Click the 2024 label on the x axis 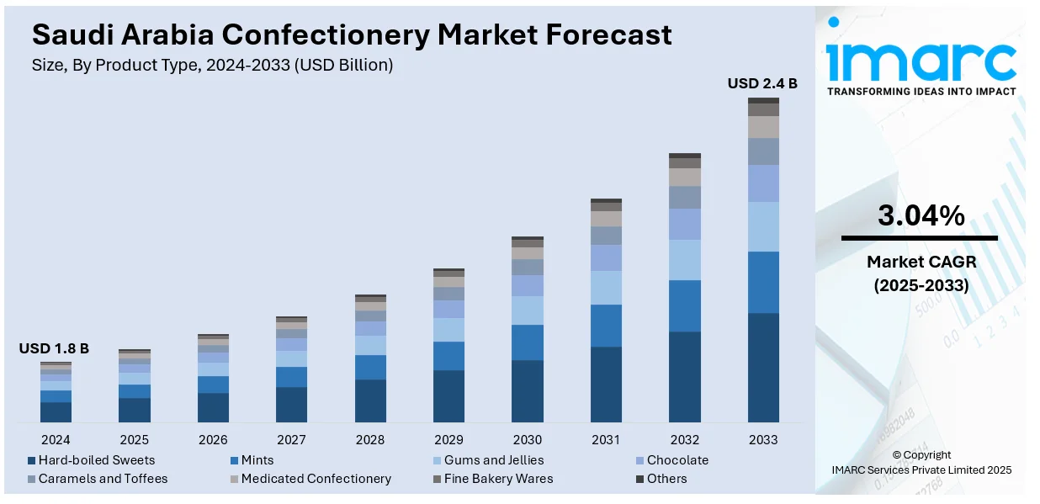(x=56, y=439)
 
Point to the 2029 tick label (x=448, y=439)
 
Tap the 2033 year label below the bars (x=763, y=439)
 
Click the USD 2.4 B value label (x=762, y=83)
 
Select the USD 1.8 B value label (x=54, y=348)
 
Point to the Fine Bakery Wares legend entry (x=491, y=479)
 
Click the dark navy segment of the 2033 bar (x=763, y=367)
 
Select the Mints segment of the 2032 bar (x=685, y=305)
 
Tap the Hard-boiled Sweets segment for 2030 (x=528, y=390)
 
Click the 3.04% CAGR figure (x=921, y=216)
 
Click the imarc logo (x=921, y=59)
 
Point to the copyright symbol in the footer (x=895, y=455)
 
